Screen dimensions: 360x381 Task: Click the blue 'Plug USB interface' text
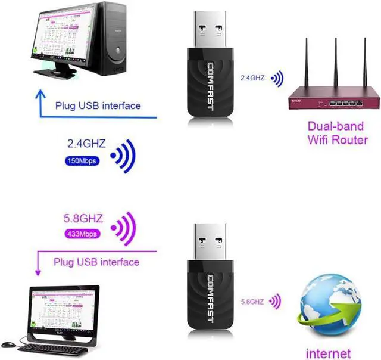[98, 106]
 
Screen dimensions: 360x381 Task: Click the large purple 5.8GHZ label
[82, 219]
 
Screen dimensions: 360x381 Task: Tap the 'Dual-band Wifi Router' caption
[338, 134]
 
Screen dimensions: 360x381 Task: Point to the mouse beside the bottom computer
[8, 344]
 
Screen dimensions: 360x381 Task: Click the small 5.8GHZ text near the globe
[252, 302]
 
